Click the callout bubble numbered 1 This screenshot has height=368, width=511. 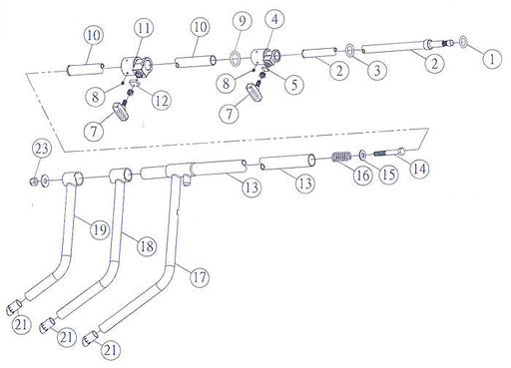pos(492,59)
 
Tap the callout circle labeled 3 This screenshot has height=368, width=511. pos(377,70)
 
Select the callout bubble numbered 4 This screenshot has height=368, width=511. pos(274,20)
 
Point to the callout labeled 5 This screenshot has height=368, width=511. pos(294,85)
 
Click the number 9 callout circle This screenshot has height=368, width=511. pos(242,21)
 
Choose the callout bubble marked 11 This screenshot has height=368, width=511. pos(144,28)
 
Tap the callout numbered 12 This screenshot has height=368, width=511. pos(162,101)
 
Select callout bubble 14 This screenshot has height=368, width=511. pos(419,169)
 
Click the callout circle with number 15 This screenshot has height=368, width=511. pos(388,175)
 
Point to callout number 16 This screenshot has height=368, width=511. pos(362,175)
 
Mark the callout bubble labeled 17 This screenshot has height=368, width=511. pos(200,276)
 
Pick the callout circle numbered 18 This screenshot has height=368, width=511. pos(147,246)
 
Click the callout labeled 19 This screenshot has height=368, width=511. pos(100,229)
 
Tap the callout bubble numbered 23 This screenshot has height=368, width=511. pos(42,149)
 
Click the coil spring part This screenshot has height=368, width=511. pos(341,157)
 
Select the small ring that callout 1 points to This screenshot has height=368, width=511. pos(464,42)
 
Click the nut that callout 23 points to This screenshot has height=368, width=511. pos(33,182)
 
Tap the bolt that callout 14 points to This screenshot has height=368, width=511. pos(389,153)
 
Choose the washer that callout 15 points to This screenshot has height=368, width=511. pos(362,155)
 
